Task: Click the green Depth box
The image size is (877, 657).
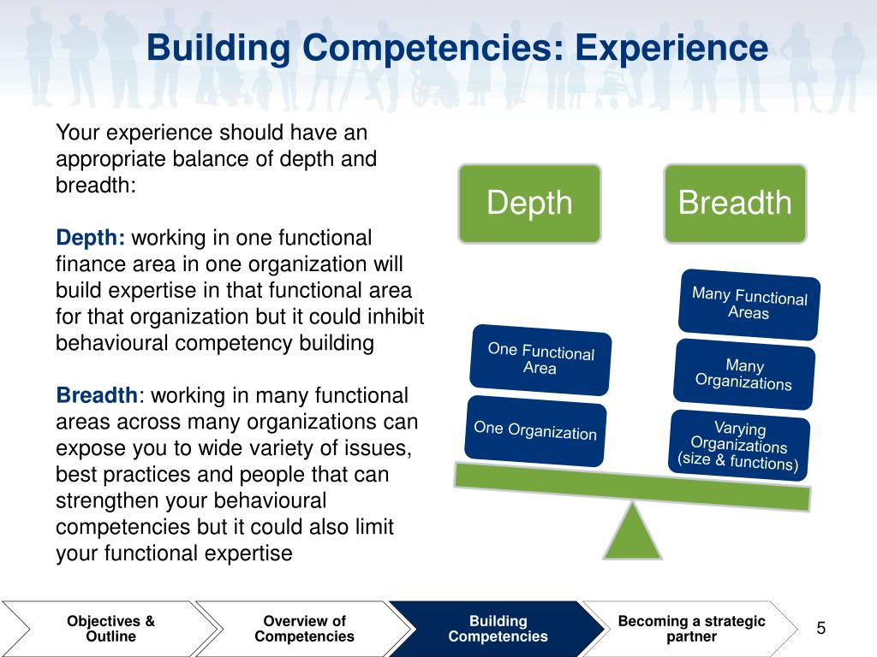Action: coord(529,203)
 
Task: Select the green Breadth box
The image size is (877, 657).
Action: coord(734,203)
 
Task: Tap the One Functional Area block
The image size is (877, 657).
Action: coord(540,358)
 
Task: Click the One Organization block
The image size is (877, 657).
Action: coord(535,429)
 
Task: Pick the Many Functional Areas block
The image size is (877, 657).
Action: coord(749,305)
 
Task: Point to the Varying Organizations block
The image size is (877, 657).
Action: coord(738,446)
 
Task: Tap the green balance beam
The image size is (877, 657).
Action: coord(631,486)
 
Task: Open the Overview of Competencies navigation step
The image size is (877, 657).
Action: coord(304,629)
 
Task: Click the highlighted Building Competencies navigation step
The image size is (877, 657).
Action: coord(498,629)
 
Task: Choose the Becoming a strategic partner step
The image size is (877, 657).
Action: coord(691,629)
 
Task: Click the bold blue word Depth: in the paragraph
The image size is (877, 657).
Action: coord(91,238)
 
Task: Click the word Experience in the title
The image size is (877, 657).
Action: coord(671,48)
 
